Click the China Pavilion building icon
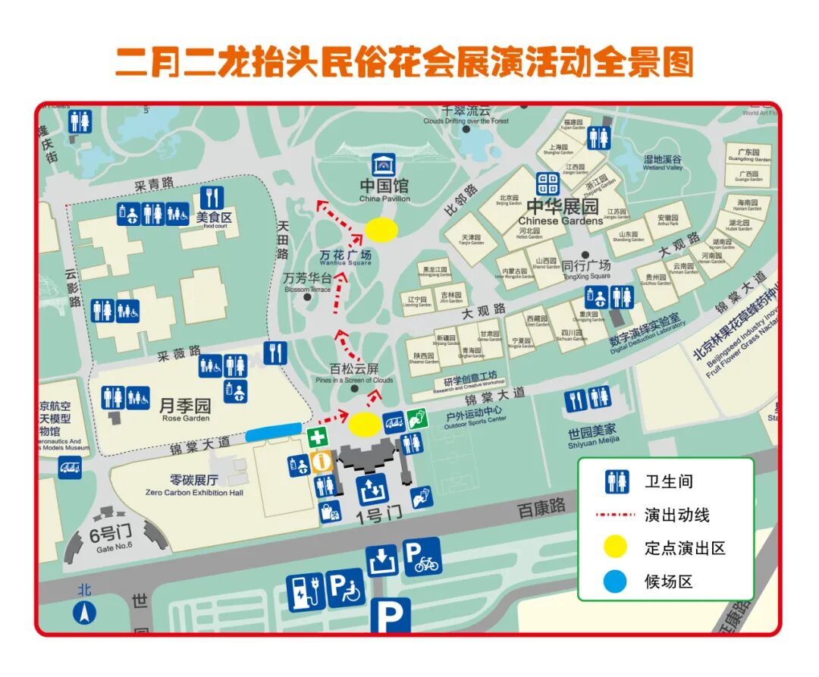point(384,165)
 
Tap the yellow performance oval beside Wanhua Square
point(381,230)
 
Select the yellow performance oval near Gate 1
point(365,425)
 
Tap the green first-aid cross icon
point(318,437)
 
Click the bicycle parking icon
point(422,556)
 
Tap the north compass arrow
point(84,612)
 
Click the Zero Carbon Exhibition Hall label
point(194,485)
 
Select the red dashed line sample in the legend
point(614,515)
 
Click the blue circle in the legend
point(615,581)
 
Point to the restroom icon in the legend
point(617,481)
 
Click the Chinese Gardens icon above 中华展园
point(548,184)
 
